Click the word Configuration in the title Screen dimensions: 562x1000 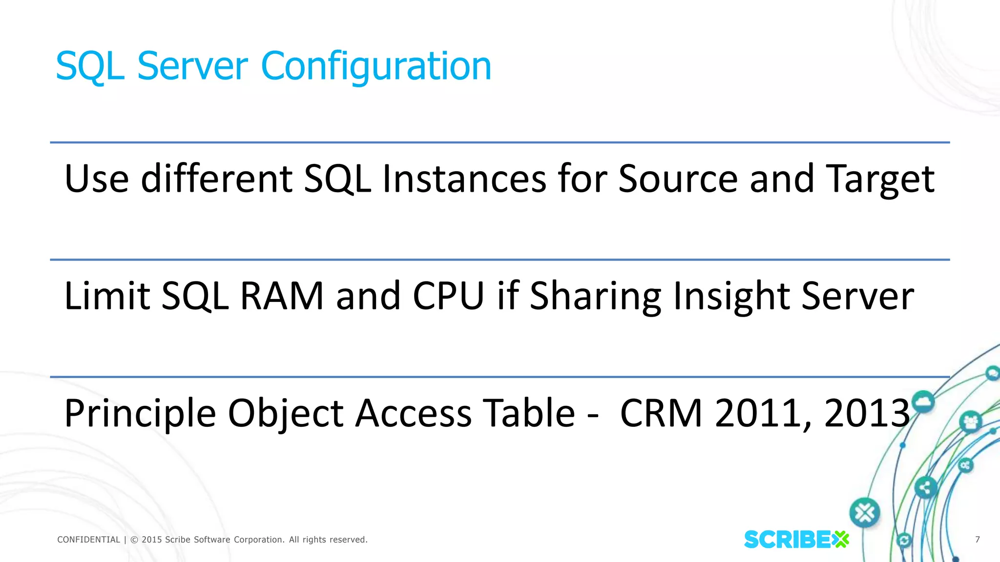point(376,66)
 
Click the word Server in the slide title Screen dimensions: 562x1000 point(192,66)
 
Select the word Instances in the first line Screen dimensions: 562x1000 point(464,179)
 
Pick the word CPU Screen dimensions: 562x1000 point(448,296)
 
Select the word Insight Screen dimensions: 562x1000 point(730,296)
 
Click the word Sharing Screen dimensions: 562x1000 point(595,296)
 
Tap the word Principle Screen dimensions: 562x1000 point(140,414)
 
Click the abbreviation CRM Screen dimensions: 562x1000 point(661,414)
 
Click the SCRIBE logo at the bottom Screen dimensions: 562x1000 point(796,540)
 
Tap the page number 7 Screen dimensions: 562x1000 point(978,540)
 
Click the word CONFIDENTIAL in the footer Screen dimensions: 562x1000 point(88,540)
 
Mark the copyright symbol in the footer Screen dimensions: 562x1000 point(134,540)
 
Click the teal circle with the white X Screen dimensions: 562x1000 point(865,513)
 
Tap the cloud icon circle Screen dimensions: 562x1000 point(922,402)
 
